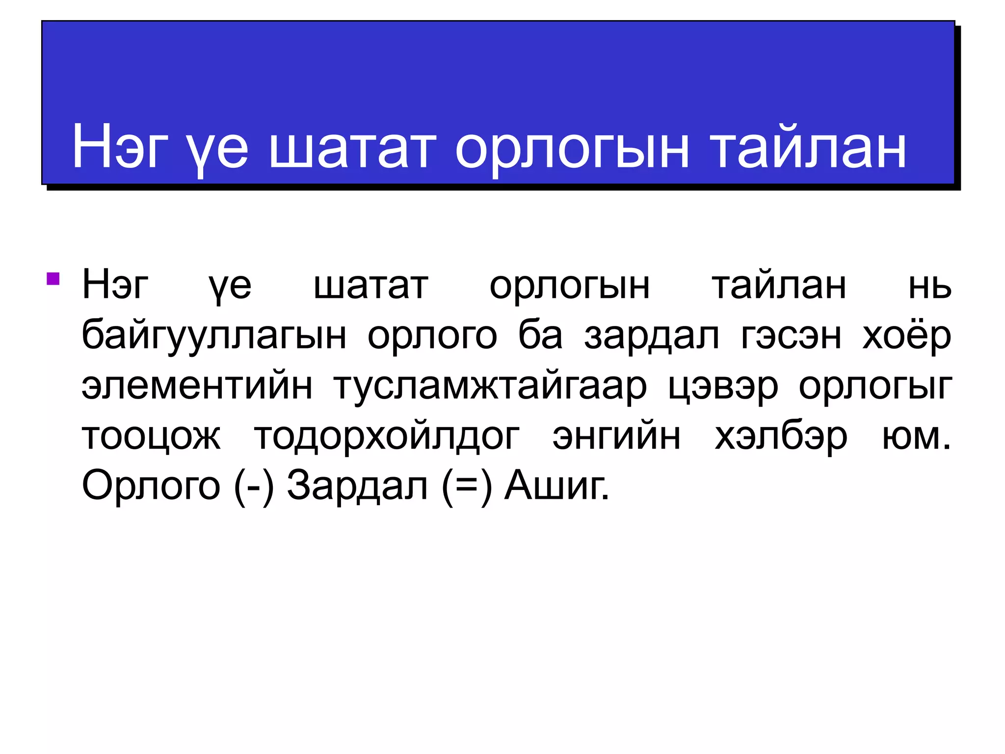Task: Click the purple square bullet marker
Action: pyautogui.click(x=53, y=279)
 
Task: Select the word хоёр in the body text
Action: pyautogui.click(x=907, y=337)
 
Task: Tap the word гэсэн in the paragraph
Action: pyautogui.click(x=791, y=336)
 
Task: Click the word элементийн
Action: pyautogui.click(x=197, y=386)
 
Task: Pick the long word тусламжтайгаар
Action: pyautogui.click(x=490, y=387)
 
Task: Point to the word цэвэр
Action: pyautogui.click(x=723, y=387)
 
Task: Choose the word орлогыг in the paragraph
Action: pyautogui.click(x=875, y=387)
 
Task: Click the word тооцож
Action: pyautogui.click(x=152, y=436)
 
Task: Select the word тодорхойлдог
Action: pyautogui.click(x=387, y=436)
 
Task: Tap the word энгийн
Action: pyautogui.click(x=616, y=436)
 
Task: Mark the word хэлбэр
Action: pyautogui.click(x=781, y=436)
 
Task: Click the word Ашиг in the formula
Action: pyautogui.click(x=556, y=486)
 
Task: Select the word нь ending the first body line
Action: pyautogui.click(x=929, y=286)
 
